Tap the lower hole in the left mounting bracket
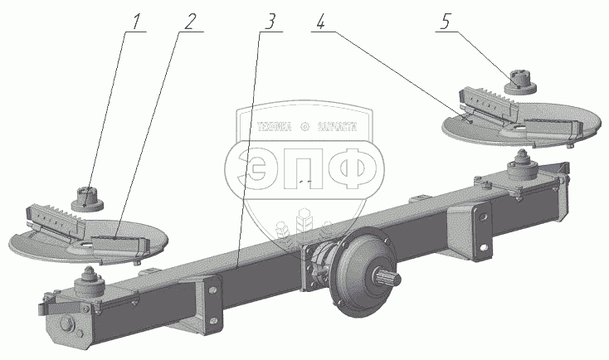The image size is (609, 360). point(213,319)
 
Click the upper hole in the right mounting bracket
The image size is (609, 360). point(479,219)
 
